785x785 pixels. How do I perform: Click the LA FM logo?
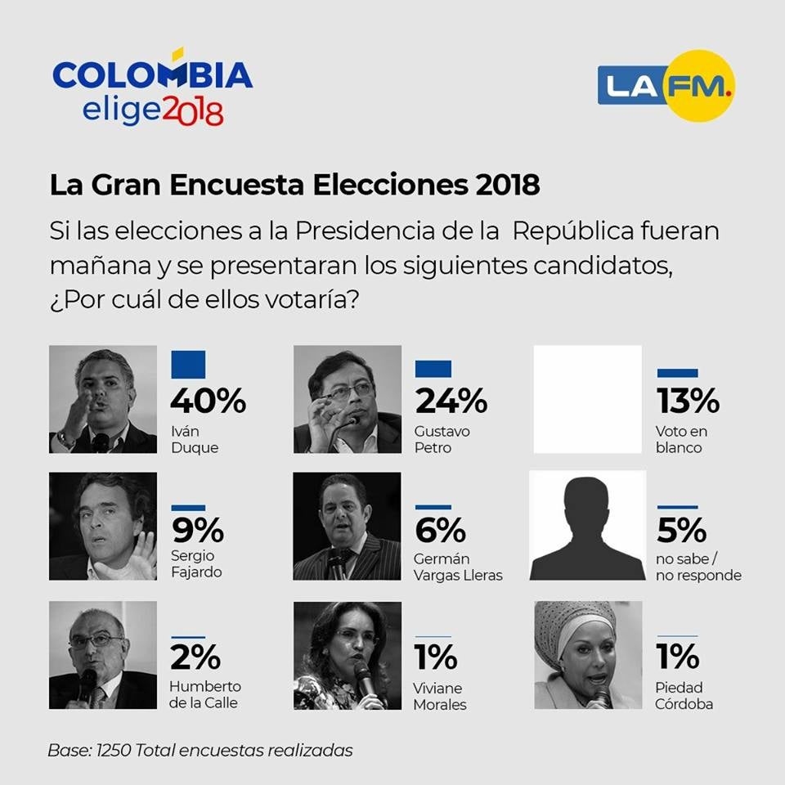(666, 86)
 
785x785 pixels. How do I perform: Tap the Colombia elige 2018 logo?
(153, 90)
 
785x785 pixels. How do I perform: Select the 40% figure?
(208, 401)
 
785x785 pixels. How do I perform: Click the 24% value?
(451, 401)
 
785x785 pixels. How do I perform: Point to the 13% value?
(688, 401)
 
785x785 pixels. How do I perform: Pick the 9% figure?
(197, 532)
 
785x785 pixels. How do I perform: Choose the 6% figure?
(441, 532)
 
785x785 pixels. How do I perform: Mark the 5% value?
(681, 532)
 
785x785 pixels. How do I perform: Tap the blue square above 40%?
(188, 365)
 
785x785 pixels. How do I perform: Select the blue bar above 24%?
(433, 369)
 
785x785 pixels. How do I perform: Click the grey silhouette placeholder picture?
(587, 525)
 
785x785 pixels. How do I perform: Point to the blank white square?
(588, 399)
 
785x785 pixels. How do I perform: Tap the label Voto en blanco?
(681, 439)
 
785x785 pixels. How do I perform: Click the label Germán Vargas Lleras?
(458, 567)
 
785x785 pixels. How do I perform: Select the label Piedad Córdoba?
(684, 695)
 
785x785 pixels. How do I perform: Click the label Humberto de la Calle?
(205, 694)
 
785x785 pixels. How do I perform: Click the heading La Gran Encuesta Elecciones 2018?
(294, 185)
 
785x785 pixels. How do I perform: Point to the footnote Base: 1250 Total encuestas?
(200, 750)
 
